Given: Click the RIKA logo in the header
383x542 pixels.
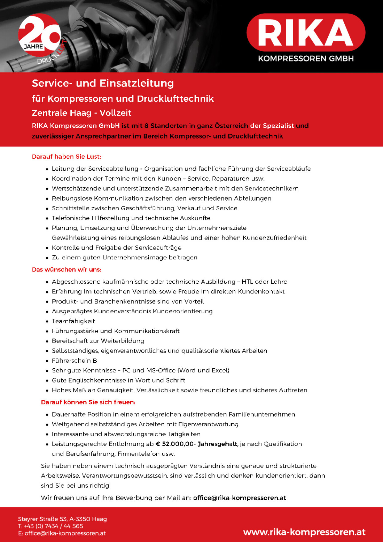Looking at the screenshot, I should (x=306, y=32).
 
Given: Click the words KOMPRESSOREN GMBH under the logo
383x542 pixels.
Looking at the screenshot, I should (x=306, y=58).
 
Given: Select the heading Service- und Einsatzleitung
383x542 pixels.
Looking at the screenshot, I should (x=103, y=83).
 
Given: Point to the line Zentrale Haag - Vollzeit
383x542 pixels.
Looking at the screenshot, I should (x=82, y=113).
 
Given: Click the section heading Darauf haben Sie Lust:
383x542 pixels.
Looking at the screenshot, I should (x=66, y=157).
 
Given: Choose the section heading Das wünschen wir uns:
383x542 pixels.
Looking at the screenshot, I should (x=66, y=270).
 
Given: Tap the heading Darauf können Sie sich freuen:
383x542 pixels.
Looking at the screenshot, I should (x=88, y=402).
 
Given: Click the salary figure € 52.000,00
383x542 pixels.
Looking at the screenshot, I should (x=175, y=444).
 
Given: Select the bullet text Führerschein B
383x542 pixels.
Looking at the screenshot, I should (x=74, y=361).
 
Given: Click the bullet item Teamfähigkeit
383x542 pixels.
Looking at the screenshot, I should (x=74, y=321).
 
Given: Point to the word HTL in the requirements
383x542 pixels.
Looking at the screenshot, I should (x=247, y=282).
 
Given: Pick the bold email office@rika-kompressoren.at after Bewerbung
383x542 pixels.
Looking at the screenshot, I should (x=239, y=498).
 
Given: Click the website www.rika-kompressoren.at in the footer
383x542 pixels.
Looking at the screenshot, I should (x=304, y=532).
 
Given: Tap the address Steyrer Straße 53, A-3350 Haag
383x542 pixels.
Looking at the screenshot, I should (x=62, y=519).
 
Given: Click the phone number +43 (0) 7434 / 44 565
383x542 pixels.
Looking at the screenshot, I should (x=53, y=526).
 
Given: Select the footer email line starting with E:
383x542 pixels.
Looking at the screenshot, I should (x=62, y=533).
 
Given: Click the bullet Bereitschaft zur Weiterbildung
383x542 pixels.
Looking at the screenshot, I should (x=98, y=341).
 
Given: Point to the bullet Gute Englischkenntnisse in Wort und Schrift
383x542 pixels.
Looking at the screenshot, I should (x=119, y=380).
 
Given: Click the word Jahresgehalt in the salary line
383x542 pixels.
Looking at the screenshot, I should (x=218, y=444).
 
